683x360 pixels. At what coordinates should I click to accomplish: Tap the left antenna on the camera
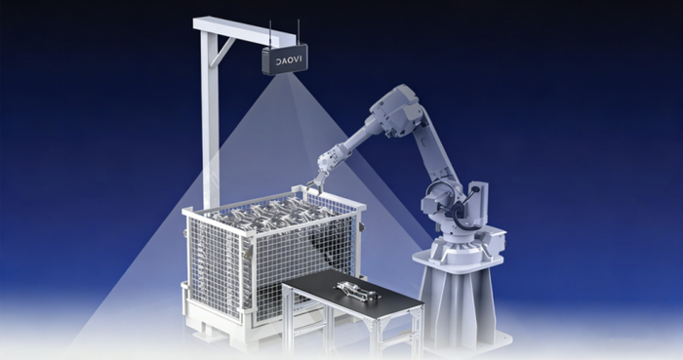point(270,33)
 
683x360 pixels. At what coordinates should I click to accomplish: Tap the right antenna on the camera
point(299,31)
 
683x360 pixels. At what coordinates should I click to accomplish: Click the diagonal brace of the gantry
point(222,53)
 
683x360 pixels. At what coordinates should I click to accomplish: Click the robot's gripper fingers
point(316,182)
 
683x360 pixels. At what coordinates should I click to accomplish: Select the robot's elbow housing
point(396,108)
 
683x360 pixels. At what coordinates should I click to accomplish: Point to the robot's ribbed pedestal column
point(458,304)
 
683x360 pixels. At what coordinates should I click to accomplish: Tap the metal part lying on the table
point(356,291)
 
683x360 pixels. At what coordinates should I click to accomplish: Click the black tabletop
point(352,291)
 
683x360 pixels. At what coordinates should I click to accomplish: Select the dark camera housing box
point(285,60)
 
